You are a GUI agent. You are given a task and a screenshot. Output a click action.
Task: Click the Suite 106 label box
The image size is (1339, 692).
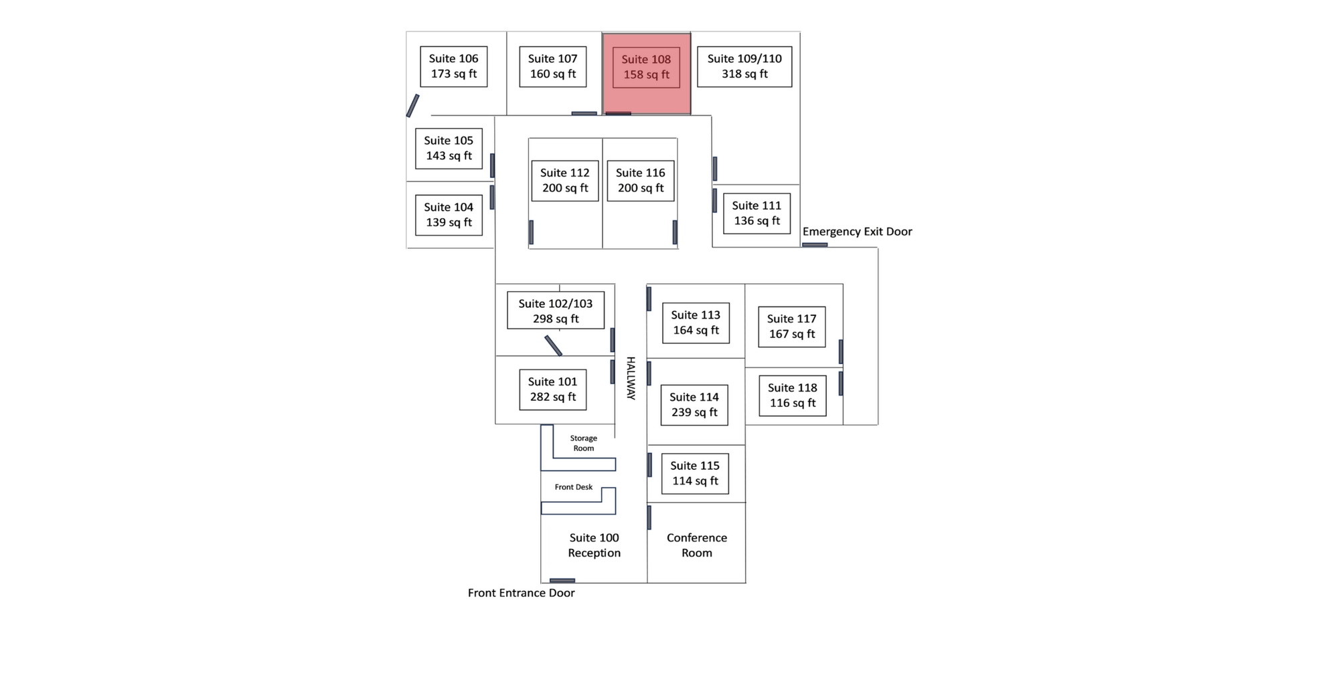453,66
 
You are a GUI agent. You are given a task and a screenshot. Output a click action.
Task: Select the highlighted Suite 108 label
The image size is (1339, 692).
646,67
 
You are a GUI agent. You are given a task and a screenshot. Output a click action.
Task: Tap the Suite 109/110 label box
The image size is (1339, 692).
744,66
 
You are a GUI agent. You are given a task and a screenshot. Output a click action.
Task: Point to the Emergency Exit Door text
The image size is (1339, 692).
857,232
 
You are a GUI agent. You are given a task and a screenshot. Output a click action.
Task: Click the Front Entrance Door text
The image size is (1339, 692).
521,593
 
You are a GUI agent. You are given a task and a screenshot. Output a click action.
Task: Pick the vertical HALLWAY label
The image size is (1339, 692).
630,378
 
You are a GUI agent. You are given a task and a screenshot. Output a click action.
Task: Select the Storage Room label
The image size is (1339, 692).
583,443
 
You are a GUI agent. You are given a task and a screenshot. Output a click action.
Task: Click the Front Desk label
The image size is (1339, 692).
573,487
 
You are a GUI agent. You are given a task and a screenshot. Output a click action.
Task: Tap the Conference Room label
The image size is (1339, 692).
696,545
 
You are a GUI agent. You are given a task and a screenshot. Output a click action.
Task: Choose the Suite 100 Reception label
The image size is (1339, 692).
594,545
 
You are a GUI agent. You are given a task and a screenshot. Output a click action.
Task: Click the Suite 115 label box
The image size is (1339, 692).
695,473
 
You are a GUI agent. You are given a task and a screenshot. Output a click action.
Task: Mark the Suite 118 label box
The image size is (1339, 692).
792,396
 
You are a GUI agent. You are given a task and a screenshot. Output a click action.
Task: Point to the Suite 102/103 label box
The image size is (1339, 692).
555,311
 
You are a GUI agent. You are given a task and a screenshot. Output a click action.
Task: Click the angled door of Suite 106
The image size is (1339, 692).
412,106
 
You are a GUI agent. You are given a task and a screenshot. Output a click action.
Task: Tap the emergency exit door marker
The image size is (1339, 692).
815,245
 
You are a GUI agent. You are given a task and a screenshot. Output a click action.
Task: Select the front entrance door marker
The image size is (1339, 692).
562,580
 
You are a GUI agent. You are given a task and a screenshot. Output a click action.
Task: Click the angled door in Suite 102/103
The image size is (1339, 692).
553,345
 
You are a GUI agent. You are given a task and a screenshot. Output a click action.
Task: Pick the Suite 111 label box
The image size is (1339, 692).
757,213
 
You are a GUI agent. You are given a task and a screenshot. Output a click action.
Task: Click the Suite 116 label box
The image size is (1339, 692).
640,181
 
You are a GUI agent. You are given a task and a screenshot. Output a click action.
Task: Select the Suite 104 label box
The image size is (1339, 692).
449,215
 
